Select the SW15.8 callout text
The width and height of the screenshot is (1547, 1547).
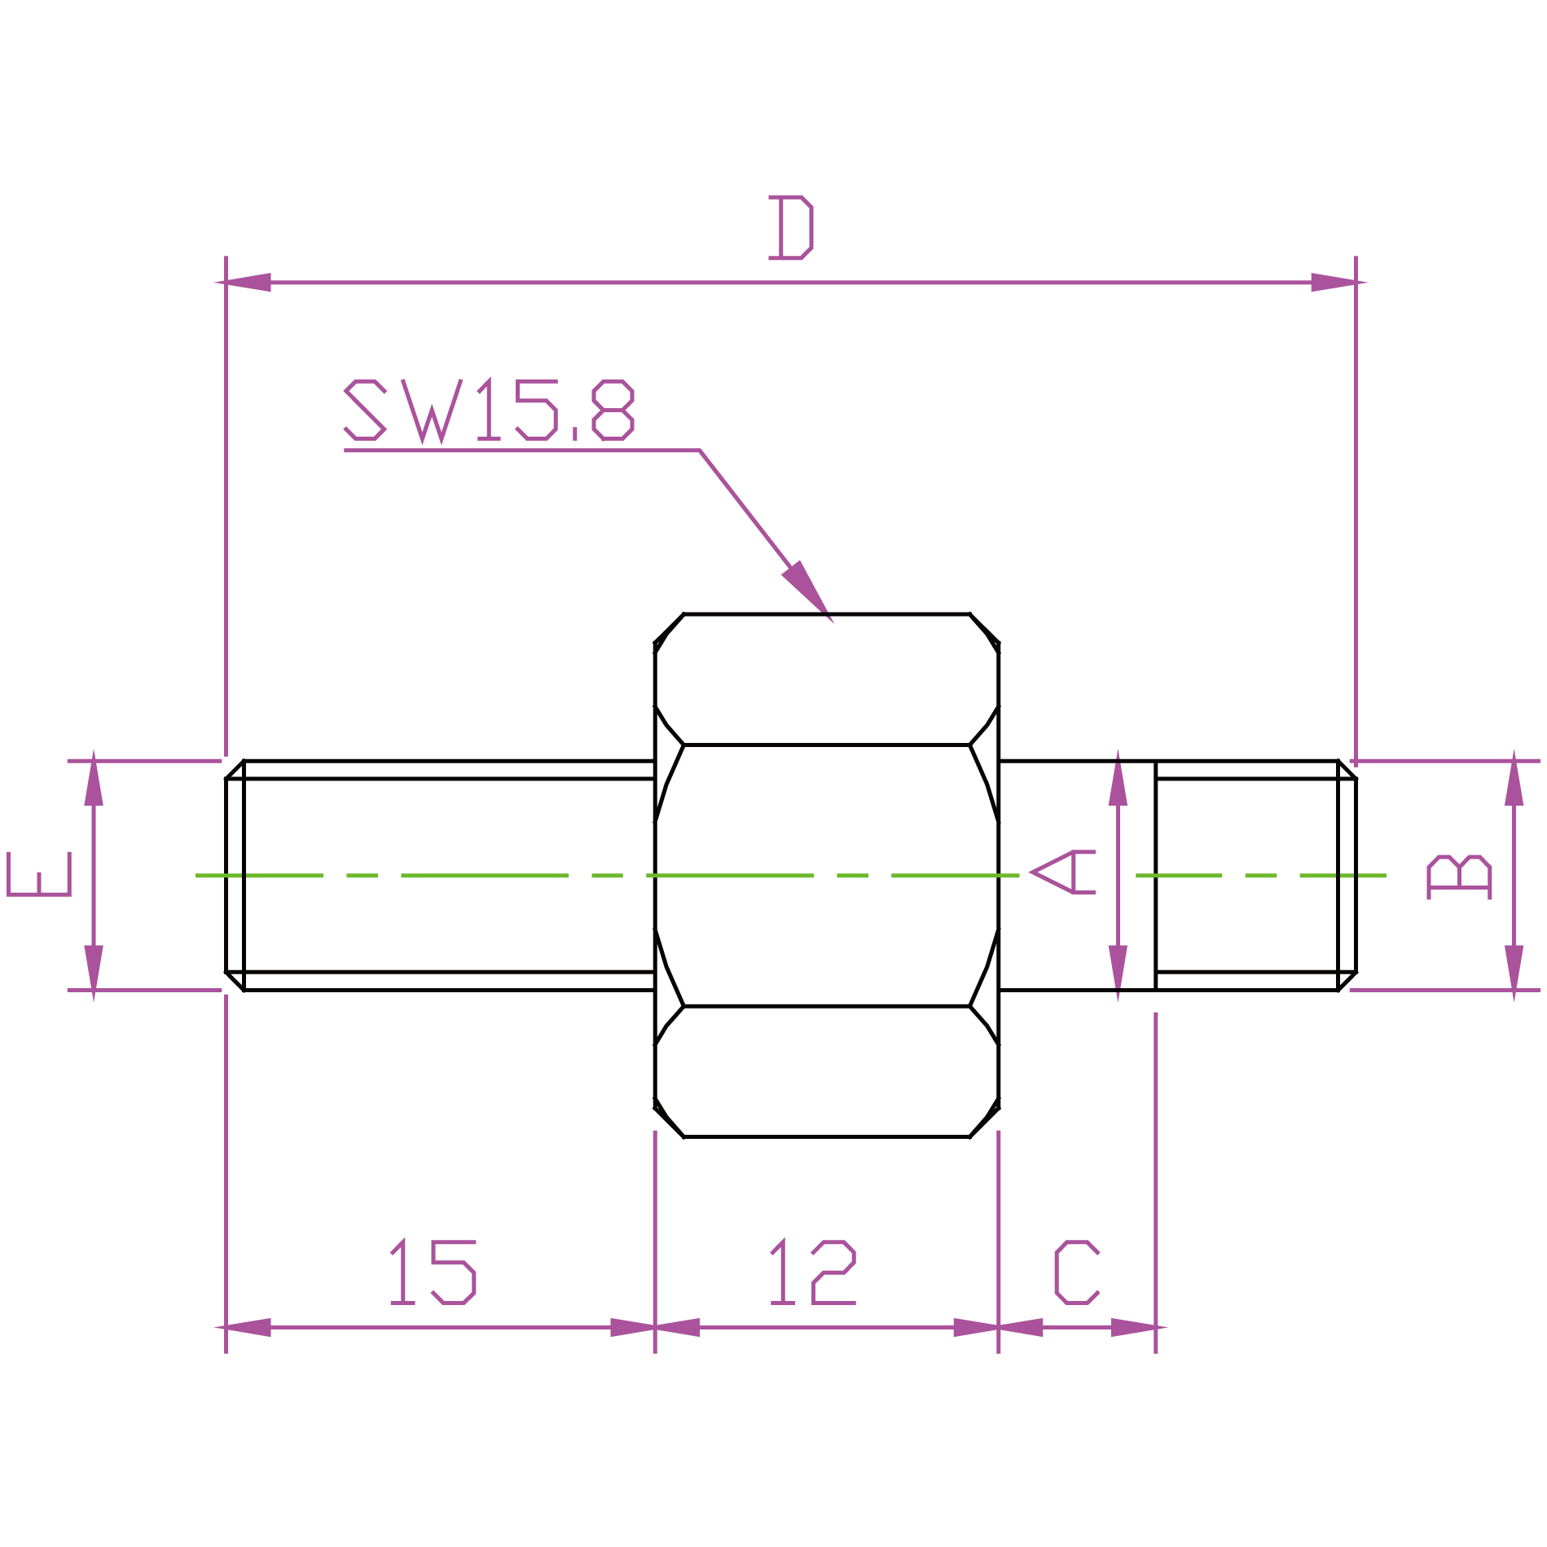click(x=489, y=411)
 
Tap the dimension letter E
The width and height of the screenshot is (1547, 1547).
click(x=39, y=874)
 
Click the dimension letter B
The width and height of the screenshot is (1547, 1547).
click(x=1460, y=877)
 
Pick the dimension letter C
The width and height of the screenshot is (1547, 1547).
click(x=1076, y=1272)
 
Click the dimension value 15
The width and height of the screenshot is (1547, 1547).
click(x=433, y=1272)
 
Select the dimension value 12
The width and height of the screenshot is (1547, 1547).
click(x=812, y=1272)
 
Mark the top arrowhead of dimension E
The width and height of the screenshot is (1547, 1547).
click(x=94, y=779)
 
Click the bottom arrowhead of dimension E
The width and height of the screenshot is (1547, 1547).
click(x=94, y=971)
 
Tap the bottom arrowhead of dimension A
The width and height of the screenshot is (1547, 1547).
click(x=1118, y=971)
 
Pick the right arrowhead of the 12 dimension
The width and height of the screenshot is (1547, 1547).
click(x=977, y=1328)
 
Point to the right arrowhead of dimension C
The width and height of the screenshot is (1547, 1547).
click(x=1135, y=1328)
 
